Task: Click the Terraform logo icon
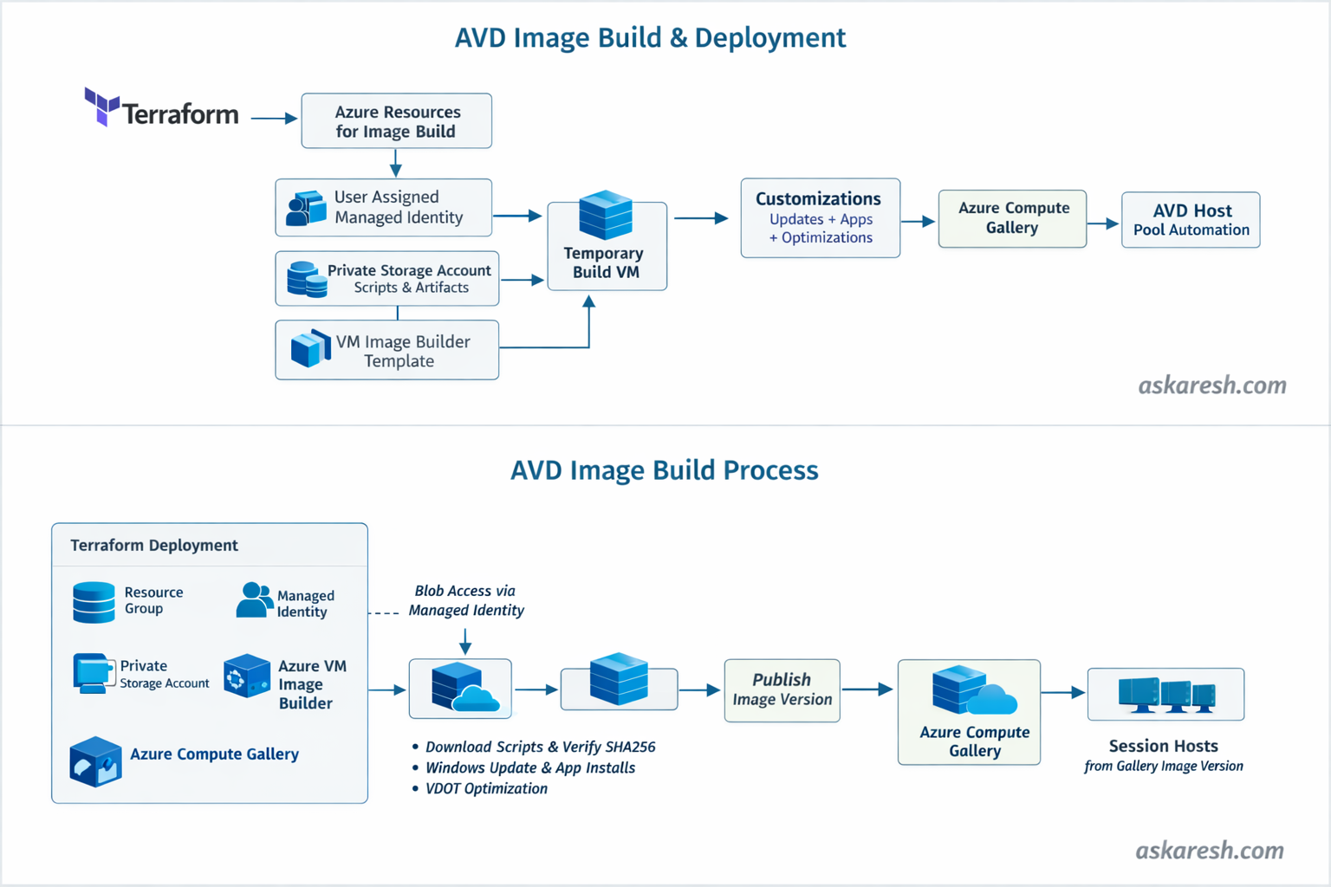[x=101, y=106]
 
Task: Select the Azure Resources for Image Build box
[x=396, y=121]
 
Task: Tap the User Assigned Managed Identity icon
[x=306, y=209]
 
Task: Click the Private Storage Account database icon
[x=306, y=279]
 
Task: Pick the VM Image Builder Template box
[x=386, y=350]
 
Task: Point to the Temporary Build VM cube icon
[x=606, y=214]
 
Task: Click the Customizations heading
[x=818, y=199]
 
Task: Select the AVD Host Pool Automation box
[x=1191, y=220]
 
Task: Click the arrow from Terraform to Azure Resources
[x=274, y=118]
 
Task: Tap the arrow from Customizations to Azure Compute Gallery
[x=919, y=222]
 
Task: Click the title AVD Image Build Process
[x=664, y=470]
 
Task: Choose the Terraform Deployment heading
[x=154, y=545]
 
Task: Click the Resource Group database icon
[x=94, y=602]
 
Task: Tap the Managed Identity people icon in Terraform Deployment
[x=254, y=600]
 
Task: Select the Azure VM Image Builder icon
[x=247, y=677]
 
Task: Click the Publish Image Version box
[x=782, y=690]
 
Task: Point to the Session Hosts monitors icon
[x=1166, y=695]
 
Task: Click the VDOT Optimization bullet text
[x=486, y=788]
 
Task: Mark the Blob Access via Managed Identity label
[x=466, y=600]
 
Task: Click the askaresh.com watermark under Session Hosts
[x=1210, y=851]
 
